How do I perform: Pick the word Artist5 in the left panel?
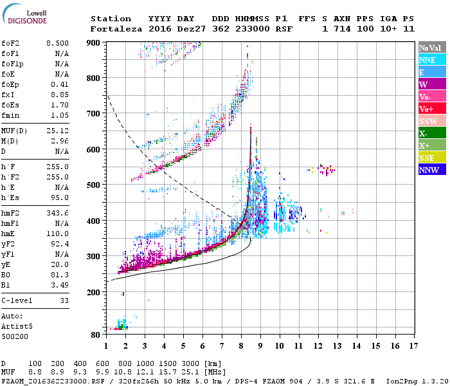point(17,326)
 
